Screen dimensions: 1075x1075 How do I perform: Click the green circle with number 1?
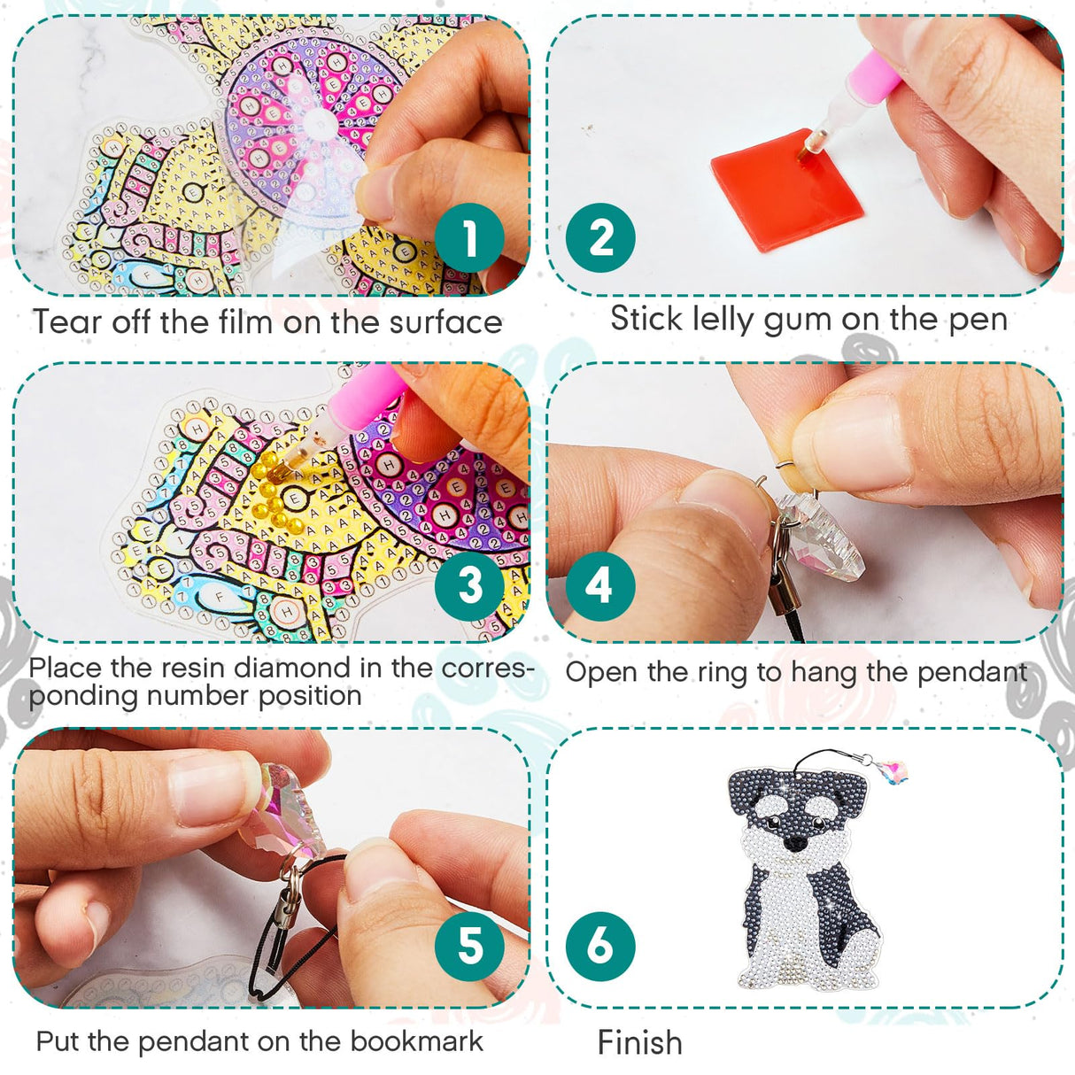point(469,238)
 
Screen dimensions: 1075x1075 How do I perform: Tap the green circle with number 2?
point(600,238)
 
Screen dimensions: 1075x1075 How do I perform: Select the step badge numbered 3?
point(469,585)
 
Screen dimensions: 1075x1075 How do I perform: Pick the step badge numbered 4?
point(599,585)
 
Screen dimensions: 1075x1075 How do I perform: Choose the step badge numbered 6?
point(599,946)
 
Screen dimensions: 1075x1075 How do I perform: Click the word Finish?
point(639,1043)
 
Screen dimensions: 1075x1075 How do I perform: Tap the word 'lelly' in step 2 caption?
point(724,319)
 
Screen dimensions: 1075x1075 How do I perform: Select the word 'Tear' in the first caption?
point(67,322)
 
